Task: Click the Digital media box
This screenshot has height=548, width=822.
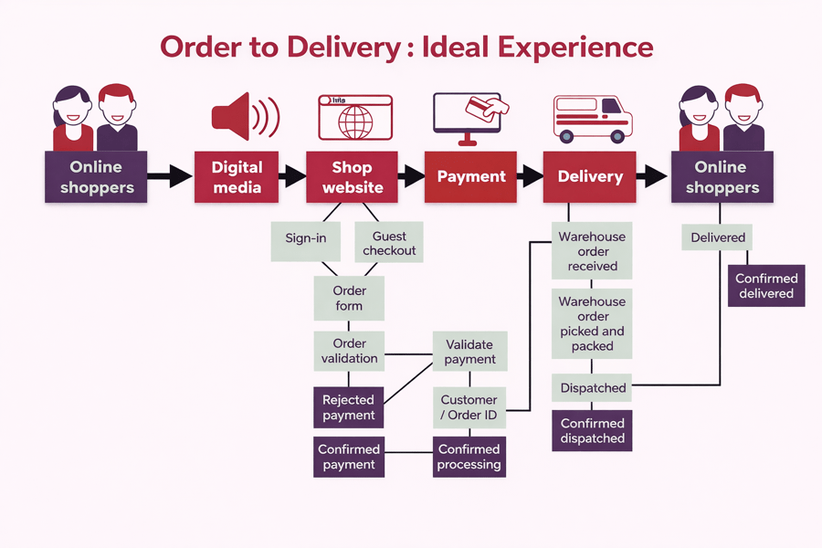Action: (x=237, y=177)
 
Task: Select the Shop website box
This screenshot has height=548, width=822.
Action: (x=352, y=177)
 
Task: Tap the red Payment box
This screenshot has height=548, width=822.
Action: (x=470, y=177)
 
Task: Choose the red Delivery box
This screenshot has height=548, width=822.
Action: (x=590, y=177)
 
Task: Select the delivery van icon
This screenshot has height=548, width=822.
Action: (x=593, y=119)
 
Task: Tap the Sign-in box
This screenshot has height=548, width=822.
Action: (x=306, y=238)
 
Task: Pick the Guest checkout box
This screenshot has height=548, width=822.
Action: (x=388, y=243)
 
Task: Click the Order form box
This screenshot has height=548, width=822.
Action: (x=349, y=298)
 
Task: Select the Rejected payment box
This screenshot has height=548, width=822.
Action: (x=348, y=407)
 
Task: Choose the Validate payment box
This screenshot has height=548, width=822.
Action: (x=469, y=352)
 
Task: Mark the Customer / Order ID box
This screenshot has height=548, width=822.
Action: (x=469, y=407)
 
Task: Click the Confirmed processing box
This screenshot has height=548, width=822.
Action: (x=469, y=457)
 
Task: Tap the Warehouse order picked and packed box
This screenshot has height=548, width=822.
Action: (x=593, y=324)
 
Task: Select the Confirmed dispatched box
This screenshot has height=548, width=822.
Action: (x=593, y=431)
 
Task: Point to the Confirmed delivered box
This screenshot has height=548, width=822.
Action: (x=766, y=286)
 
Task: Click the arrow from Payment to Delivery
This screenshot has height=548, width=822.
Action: (x=529, y=177)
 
